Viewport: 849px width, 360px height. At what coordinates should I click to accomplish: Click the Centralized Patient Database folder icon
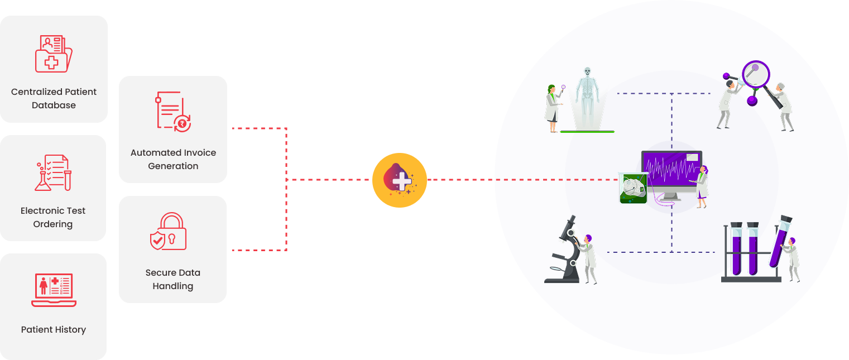(53, 54)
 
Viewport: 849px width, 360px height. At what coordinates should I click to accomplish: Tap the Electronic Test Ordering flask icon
(53, 173)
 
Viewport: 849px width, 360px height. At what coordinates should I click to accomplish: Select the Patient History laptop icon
(54, 290)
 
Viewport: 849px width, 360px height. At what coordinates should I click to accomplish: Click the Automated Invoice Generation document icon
(173, 112)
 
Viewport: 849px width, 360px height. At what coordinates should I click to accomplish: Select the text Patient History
(54, 329)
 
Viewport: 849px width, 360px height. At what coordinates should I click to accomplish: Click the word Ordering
(53, 224)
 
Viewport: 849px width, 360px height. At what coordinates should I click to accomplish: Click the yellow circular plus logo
(400, 180)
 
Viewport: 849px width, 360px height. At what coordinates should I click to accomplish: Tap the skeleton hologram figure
(587, 98)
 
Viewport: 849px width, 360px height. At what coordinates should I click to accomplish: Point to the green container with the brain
(633, 188)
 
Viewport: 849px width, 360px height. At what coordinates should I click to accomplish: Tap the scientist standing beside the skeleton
(553, 108)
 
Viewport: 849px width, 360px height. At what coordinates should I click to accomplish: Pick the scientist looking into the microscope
(588, 258)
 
